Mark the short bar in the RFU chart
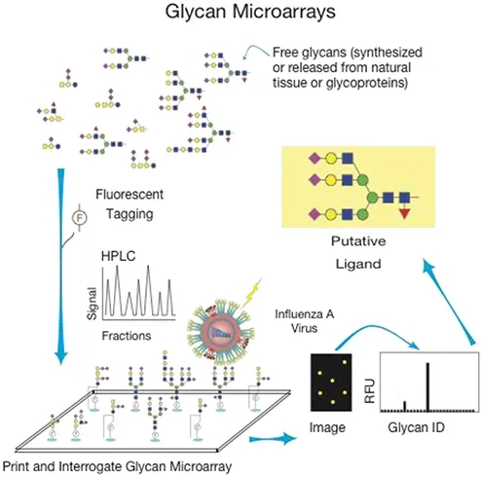point(404,405)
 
